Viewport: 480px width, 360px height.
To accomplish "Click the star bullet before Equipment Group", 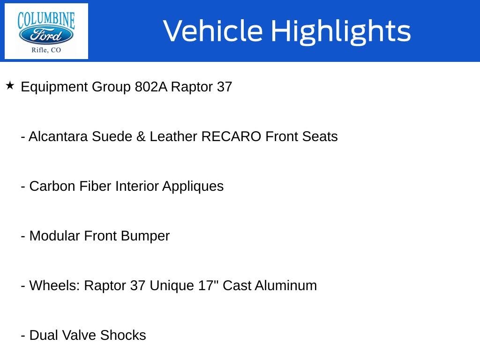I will (x=10, y=86).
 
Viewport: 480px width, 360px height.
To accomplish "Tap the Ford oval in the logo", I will (x=46, y=35).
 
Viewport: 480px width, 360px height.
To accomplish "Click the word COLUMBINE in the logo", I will (x=46, y=20).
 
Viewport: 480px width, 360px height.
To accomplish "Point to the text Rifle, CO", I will (x=46, y=50).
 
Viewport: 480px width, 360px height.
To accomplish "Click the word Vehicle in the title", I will (x=213, y=31).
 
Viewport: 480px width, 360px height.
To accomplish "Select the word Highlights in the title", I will (x=341, y=31).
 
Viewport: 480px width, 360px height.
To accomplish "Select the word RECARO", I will (x=231, y=137).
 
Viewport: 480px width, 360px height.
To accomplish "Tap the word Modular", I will (x=55, y=236).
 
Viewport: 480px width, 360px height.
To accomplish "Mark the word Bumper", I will (x=145, y=236).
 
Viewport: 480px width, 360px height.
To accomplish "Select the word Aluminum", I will (x=285, y=286).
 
